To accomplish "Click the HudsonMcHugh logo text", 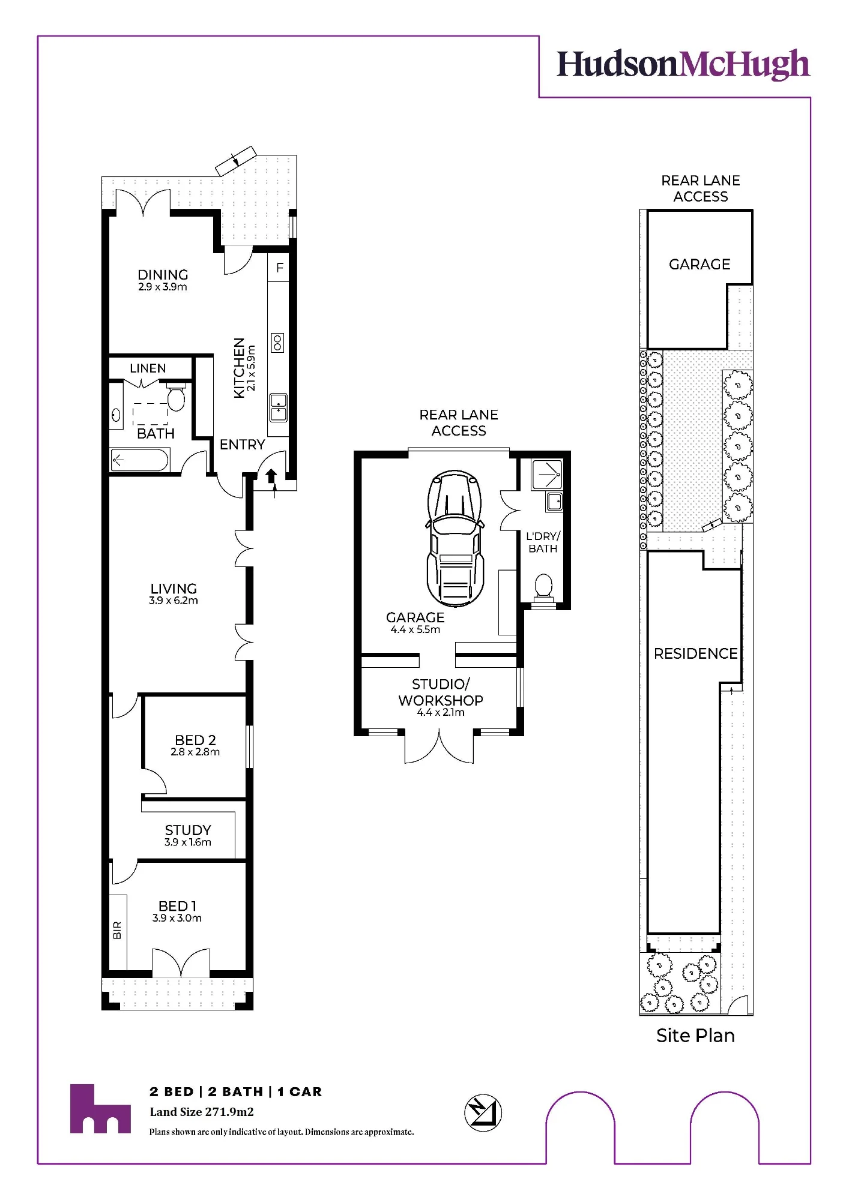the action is pos(683,65).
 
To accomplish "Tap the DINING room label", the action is pos(163,275).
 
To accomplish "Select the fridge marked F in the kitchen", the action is pos(279,268).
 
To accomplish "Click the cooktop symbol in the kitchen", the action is pos(277,343).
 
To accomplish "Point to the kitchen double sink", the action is pos(279,407).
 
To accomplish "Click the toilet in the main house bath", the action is pos(175,396).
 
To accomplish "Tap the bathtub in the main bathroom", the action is pos(139,461).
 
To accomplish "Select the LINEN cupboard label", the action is pos(148,368).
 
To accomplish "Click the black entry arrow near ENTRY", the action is pos(271,475).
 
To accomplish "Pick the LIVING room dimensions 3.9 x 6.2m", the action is pos(174,601).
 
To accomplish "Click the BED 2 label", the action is pos(195,740).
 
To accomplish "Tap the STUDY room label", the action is pos(188,830).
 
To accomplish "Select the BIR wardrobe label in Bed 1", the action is pos(117,931).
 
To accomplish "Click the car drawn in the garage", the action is pos(455,538).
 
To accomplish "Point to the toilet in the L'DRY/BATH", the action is pos(543,589).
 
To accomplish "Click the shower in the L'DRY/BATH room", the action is pos(547,475).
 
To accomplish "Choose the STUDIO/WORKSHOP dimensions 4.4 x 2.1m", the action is pos(441,713).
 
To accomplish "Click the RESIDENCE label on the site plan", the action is pos(695,653).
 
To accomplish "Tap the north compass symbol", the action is pos(483,1113).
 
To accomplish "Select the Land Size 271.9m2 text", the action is pos(202,1112).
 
